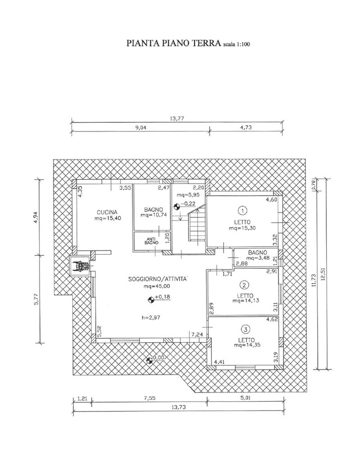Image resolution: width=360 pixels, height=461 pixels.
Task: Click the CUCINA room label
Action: click(107, 212)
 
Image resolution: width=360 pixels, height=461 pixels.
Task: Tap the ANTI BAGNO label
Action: click(152, 241)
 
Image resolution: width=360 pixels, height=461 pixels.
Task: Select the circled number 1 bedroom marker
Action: click(243, 211)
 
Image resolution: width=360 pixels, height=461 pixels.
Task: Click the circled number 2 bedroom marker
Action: click(245, 285)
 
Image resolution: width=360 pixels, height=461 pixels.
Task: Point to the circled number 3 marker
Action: click(246, 328)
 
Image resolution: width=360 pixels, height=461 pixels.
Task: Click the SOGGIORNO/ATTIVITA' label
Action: click(158, 279)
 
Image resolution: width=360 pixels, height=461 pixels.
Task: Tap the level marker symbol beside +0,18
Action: click(151, 299)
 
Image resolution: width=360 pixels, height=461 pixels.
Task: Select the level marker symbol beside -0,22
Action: click(176, 207)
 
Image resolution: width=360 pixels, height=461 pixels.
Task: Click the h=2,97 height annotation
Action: click(151, 317)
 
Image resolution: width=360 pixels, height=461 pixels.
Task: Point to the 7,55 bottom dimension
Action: click(149, 398)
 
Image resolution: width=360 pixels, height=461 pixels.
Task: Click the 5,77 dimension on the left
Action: click(36, 299)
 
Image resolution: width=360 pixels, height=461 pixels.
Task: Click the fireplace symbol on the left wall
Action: click(79, 266)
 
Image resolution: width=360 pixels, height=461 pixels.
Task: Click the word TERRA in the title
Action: click(207, 43)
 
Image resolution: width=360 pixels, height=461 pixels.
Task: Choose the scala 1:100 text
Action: click(237, 45)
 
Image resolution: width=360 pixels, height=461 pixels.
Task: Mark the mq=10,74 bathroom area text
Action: click(154, 215)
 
